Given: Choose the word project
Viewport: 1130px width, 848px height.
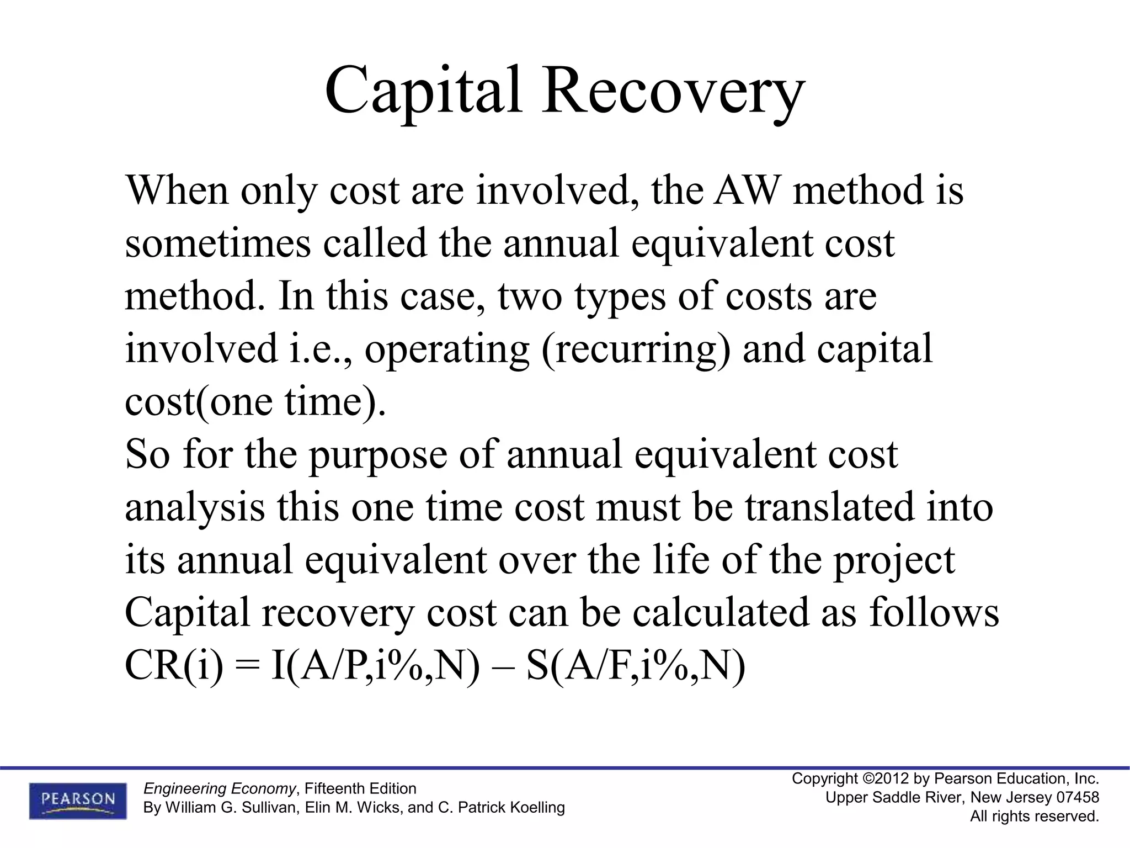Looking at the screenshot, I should (894, 561).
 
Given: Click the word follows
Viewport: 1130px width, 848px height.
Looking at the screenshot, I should (934, 612).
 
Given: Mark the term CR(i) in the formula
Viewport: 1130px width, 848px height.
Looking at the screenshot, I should (174, 666).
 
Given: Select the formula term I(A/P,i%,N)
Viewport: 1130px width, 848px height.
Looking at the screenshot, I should (376, 666).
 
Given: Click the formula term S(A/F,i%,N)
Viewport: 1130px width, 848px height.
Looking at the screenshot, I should (636, 666).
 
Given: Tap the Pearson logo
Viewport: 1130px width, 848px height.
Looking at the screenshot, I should (78, 800).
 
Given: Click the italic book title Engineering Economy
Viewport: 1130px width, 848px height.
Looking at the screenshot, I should (220, 788).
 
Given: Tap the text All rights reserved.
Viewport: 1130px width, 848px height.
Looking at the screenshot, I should (1035, 816).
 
